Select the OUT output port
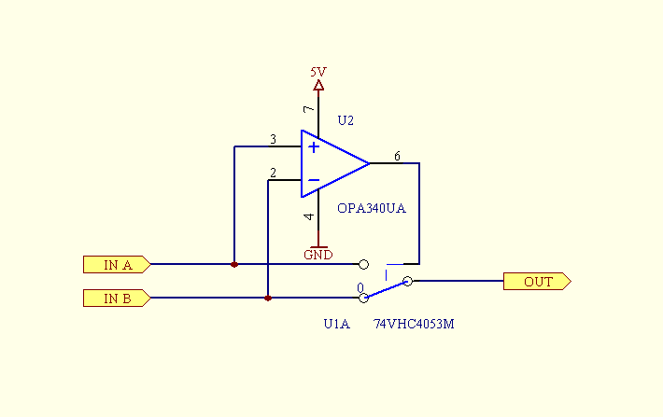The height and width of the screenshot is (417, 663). point(537,281)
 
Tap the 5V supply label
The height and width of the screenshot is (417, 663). point(318,71)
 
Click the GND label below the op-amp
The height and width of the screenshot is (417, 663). point(318,255)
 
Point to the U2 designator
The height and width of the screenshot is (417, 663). point(346,120)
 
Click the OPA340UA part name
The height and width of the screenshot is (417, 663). point(371,209)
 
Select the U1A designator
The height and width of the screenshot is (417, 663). point(336,324)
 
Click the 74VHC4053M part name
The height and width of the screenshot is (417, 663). point(413,324)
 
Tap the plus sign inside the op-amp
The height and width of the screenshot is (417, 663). point(314,146)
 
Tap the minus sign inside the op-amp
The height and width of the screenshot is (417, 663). point(314,180)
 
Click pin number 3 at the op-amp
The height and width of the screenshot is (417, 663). point(273,140)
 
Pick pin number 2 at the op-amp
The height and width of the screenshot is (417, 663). point(272,173)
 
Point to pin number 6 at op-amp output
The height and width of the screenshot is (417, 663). point(397,156)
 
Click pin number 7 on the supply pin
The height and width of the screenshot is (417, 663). point(310,110)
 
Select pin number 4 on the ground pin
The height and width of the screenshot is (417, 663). point(310,217)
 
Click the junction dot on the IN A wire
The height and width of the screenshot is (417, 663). point(234,264)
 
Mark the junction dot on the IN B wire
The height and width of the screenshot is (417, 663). point(268,299)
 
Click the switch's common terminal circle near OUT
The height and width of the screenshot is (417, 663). point(407,281)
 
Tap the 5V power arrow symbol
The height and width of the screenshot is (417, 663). point(318,87)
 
